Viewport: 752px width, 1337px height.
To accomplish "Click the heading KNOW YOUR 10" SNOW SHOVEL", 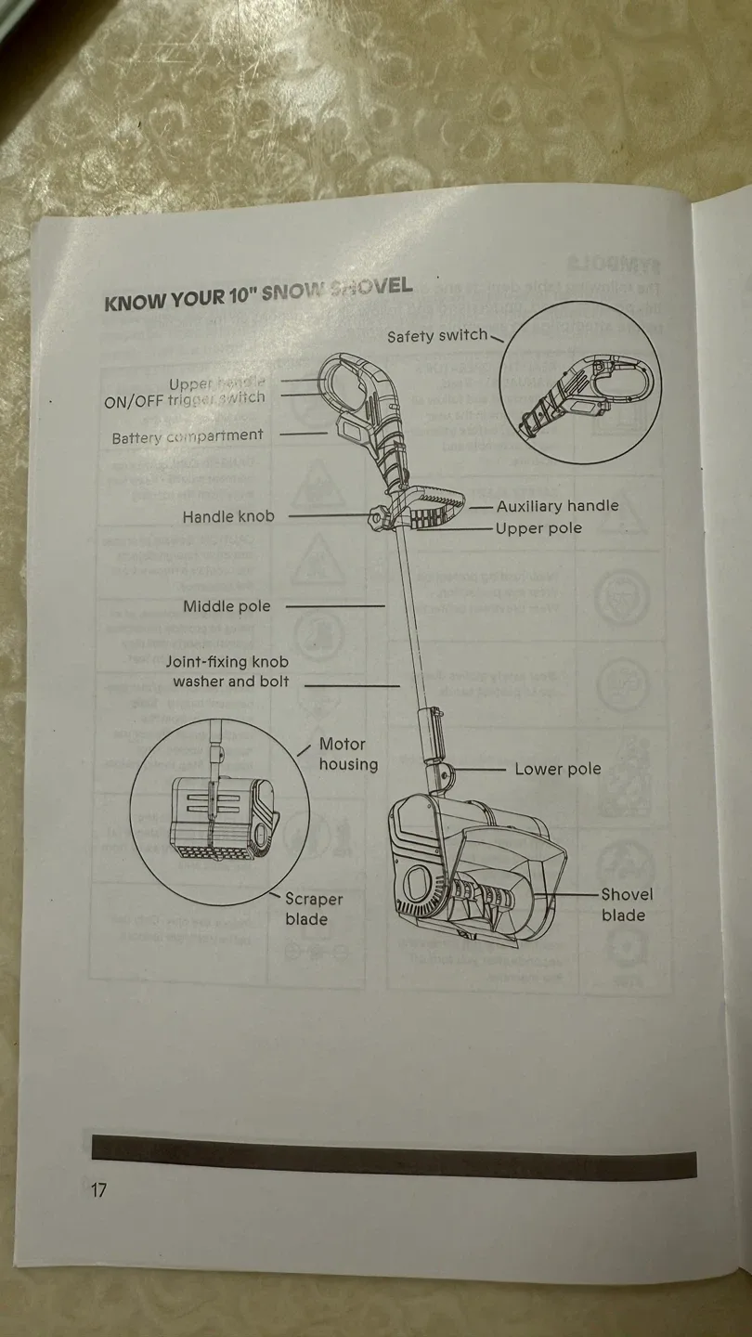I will (258, 294).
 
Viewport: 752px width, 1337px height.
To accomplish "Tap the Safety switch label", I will (436, 335).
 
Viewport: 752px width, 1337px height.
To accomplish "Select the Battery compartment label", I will (188, 436).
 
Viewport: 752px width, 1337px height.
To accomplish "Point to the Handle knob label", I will (228, 516).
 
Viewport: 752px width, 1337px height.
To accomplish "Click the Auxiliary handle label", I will (557, 506).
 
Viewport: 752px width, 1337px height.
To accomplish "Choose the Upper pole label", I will (538, 528).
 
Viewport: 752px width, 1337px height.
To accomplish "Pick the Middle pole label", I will (227, 606).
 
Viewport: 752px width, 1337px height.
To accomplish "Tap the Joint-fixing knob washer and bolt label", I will (228, 672).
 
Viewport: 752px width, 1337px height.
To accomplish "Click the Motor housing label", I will (348, 754).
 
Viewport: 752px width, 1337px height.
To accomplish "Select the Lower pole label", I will (557, 769).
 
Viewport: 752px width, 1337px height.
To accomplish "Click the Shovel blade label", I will (626, 904).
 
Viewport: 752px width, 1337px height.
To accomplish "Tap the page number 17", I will (98, 1190).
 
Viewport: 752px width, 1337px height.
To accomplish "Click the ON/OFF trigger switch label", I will (184, 399).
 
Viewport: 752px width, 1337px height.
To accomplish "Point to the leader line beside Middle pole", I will (334, 606).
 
